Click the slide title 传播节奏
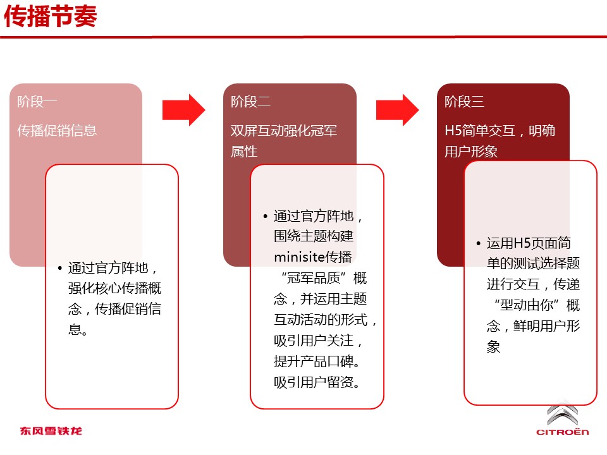[x=51, y=16]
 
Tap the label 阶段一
[x=37, y=102]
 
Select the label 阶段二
[x=250, y=102]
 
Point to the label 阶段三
[x=464, y=102]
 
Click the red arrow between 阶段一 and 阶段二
[x=183, y=110]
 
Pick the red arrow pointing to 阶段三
[x=397, y=110]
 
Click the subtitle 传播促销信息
[x=56, y=130]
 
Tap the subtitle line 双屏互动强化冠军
[x=284, y=130]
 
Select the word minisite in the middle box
[x=299, y=257]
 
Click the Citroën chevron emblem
[x=563, y=414]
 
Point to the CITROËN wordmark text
[x=563, y=432]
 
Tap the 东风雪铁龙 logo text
[x=51, y=430]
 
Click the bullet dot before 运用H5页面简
[x=479, y=244]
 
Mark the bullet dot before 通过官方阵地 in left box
[x=59, y=268]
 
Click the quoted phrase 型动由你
[x=526, y=305]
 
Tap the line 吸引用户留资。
[x=317, y=382]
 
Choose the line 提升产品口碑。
[x=317, y=361]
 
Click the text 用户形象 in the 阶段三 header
[x=470, y=151]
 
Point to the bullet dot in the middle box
[x=265, y=216]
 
